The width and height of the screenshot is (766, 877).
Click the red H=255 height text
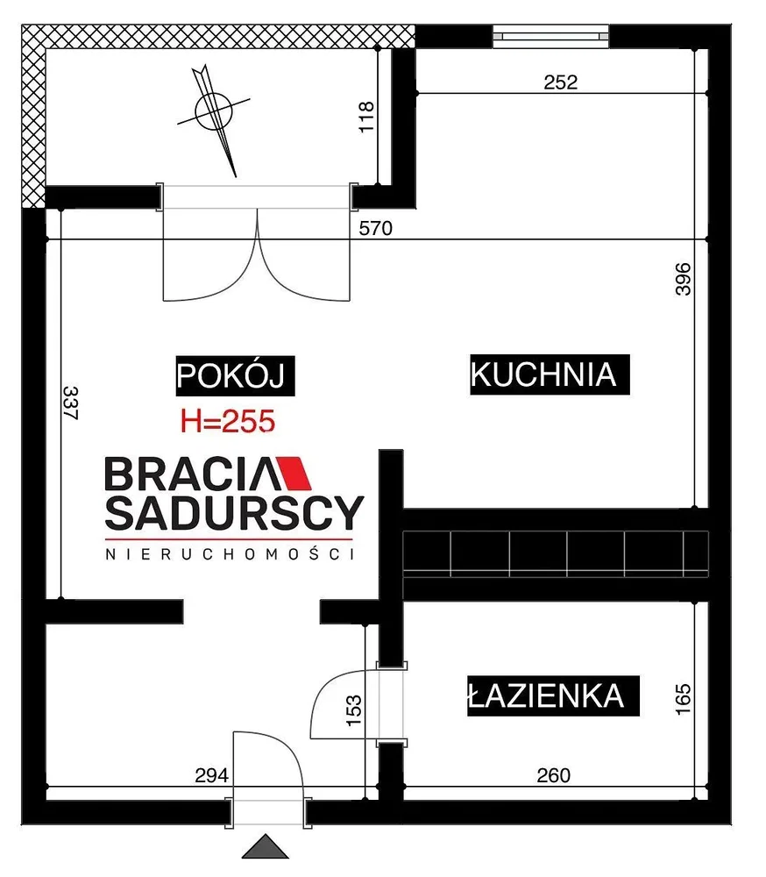(228, 421)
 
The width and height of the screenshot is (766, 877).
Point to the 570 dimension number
(376, 228)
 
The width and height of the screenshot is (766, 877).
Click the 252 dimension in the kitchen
(560, 82)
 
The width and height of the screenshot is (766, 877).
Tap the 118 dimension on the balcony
(366, 117)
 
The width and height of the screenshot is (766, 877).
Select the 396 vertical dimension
(684, 279)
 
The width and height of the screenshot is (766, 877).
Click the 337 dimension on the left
(70, 403)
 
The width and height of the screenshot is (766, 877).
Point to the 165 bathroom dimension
(684, 699)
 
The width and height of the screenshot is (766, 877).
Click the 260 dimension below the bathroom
(554, 776)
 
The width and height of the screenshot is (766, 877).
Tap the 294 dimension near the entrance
(211, 776)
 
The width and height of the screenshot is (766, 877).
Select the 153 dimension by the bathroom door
(354, 710)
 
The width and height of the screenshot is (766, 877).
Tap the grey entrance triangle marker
(266, 846)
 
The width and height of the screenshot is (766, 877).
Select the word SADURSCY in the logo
(234, 512)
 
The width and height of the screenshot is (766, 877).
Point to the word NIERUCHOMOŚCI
(230, 554)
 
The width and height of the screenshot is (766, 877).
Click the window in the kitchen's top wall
(550, 37)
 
